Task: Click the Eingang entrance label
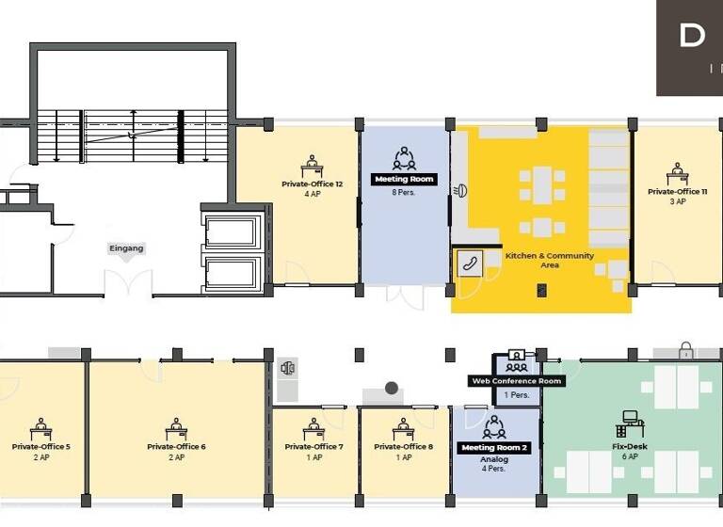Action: (127, 248)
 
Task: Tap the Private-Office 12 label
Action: (312, 184)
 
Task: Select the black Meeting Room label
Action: (404, 179)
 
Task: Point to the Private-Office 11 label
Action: (677, 191)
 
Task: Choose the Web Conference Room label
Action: (517, 381)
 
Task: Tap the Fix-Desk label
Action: (631, 446)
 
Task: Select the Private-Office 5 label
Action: (41, 446)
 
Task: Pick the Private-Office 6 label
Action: (176, 446)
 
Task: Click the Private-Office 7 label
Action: (314, 446)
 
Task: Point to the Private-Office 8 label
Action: (404, 446)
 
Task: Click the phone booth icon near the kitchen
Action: (468, 263)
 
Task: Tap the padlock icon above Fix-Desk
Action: (686, 351)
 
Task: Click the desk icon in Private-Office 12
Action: (312, 167)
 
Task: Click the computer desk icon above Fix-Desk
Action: (633, 422)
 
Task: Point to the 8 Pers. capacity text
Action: (404, 193)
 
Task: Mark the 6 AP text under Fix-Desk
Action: (631, 457)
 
